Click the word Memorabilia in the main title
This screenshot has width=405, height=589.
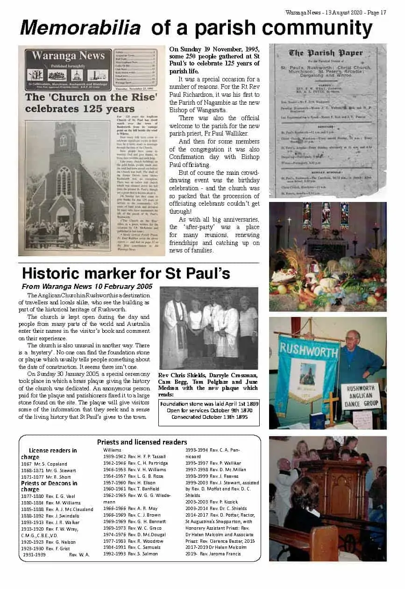point(80,29)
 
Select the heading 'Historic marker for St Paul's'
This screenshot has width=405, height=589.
point(126,273)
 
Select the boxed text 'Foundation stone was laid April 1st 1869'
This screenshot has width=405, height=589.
point(209,403)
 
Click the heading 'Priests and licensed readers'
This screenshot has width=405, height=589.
point(142,442)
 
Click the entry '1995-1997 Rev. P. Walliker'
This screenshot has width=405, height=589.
point(206,463)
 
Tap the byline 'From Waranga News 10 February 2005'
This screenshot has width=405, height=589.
point(87,286)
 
